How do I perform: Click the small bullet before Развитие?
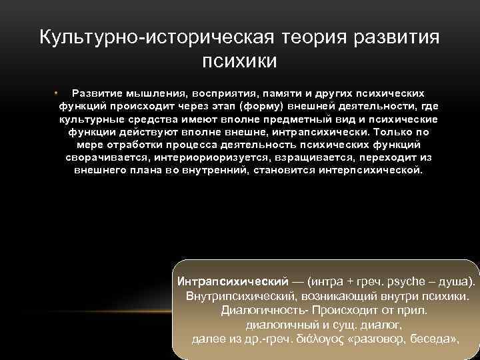tap(58, 93)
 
